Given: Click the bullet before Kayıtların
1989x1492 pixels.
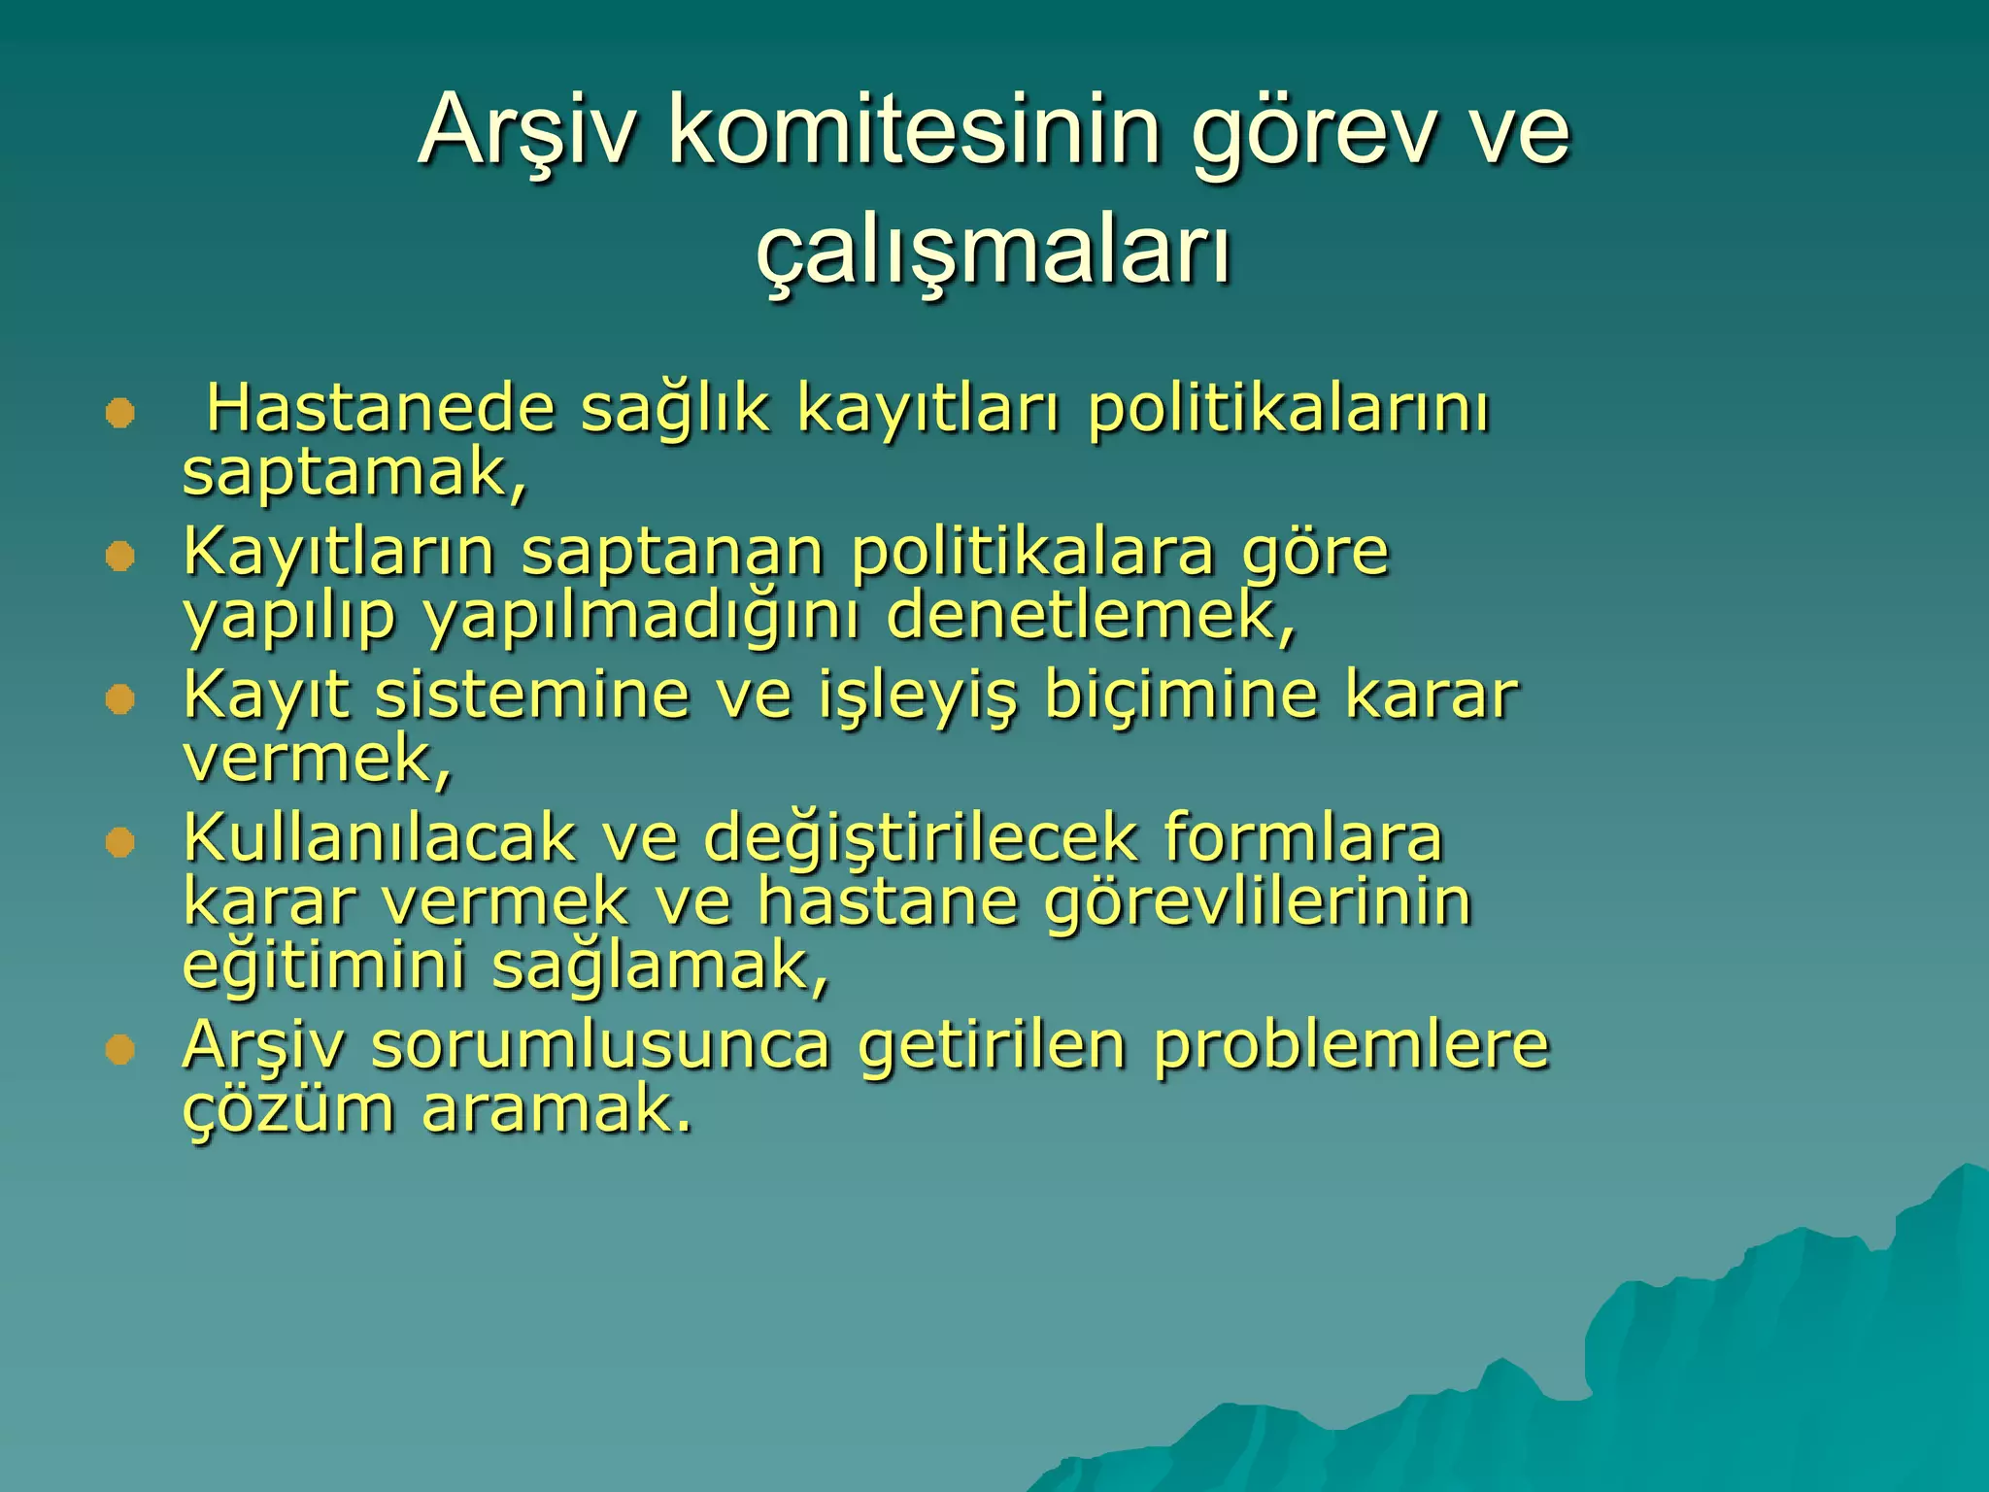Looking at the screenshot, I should click(119, 557).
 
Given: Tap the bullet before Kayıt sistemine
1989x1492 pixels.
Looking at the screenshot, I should click(119, 699).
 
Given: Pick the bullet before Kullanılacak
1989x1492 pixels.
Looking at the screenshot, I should click(119, 842).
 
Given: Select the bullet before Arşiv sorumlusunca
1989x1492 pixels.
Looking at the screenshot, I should click(119, 1050).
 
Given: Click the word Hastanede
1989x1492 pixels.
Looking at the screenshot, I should click(381, 408).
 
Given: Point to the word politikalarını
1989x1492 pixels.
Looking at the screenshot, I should click(1287, 410).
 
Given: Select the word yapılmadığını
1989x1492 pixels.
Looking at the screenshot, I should click(641, 618).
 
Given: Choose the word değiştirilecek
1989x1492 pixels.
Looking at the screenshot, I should click(920, 838).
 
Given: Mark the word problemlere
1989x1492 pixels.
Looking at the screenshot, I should click(1351, 1046).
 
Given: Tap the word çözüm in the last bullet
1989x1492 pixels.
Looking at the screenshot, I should click(288, 1109).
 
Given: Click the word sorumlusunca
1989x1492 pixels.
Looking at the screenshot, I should click(600, 1046).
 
